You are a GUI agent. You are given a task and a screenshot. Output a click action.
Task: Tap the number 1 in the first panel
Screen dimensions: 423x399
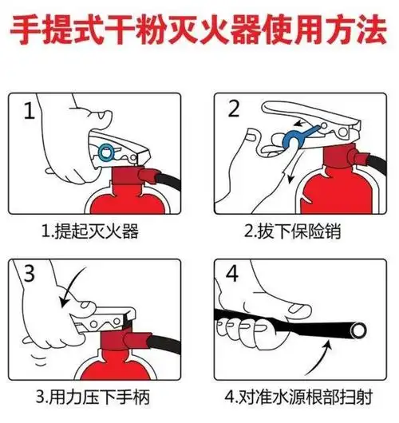(30, 111)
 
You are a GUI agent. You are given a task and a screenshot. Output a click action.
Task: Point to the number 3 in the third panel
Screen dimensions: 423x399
(30, 276)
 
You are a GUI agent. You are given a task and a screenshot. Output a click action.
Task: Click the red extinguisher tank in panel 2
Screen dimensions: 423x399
(339, 192)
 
